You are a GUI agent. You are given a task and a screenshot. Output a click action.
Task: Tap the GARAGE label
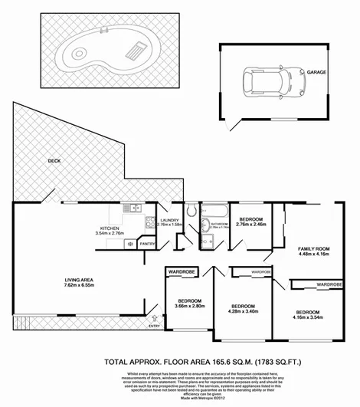(317, 72)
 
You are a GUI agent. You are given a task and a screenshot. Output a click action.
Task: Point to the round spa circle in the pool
(79, 54)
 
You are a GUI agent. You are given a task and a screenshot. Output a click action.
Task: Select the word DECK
(53, 162)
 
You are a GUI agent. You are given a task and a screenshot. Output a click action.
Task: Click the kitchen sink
(133, 207)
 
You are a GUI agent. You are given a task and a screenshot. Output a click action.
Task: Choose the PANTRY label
(148, 244)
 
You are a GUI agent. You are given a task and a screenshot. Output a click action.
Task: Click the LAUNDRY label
(168, 220)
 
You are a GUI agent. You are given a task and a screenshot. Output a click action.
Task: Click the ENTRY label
(155, 327)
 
